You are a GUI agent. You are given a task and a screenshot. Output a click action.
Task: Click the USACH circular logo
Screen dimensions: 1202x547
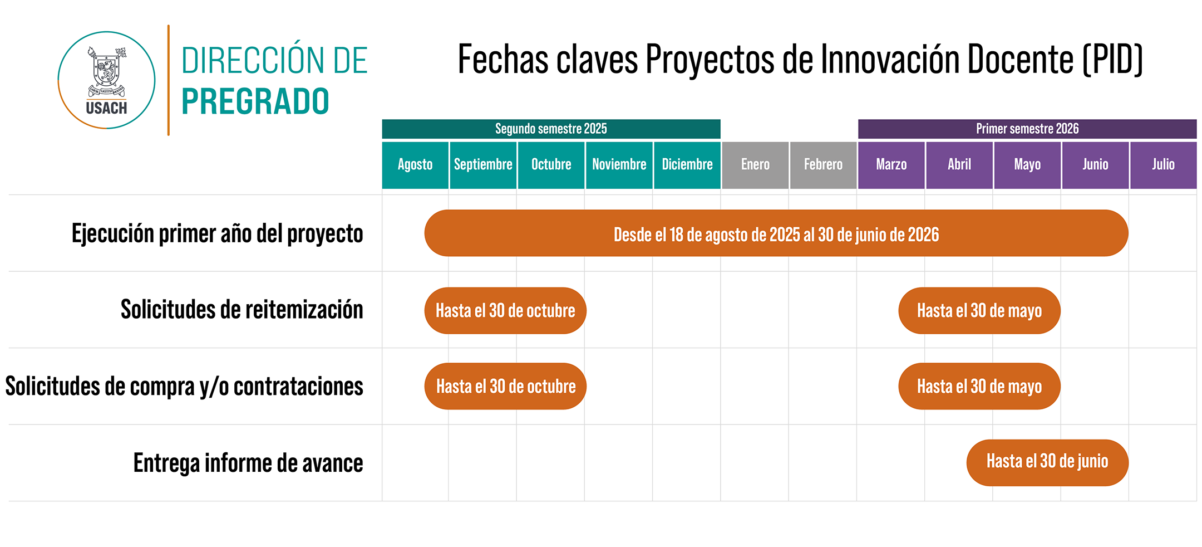coord(106,80)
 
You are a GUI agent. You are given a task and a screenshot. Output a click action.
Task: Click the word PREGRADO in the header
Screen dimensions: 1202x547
coord(255,101)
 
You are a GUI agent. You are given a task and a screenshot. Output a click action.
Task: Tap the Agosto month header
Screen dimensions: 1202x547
coord(415,165)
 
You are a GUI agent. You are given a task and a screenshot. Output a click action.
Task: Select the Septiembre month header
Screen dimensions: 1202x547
coord(483,165)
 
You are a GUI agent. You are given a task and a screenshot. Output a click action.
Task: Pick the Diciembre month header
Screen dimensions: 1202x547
coord(687,165)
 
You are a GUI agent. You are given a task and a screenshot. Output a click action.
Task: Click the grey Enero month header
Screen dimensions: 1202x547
coord(755,165)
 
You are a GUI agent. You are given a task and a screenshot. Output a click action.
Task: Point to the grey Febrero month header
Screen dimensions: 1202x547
coord(823,165)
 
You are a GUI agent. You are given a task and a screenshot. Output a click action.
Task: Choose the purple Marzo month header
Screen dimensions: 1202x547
coord(891,165)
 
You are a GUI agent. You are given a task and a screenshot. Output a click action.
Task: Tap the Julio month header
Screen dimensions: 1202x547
coord(1164,165)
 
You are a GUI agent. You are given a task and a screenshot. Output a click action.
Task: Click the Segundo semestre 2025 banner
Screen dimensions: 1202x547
coord(551,129)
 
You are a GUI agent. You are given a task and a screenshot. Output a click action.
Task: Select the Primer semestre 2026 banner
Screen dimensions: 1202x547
coord(1027,129)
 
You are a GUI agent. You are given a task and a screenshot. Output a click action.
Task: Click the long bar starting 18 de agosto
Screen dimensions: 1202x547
coord(776,233)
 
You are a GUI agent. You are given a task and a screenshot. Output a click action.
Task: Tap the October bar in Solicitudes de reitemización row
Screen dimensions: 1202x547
coord(505,310)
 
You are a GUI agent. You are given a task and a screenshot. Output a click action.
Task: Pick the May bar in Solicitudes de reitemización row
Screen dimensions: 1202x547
coord(979,310)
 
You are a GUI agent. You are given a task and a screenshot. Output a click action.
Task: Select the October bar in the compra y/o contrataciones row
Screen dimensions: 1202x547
coord(505,386)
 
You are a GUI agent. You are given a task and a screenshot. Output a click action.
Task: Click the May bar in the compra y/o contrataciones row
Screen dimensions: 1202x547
coord(979,386)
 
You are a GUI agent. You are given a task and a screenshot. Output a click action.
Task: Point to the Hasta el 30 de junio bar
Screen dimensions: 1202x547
coord(1047,462)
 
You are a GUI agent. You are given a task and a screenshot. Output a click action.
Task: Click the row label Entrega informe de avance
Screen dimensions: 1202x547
coord(248,463)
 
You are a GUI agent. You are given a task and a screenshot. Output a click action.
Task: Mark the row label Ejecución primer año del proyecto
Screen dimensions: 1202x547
coord(218,233)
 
